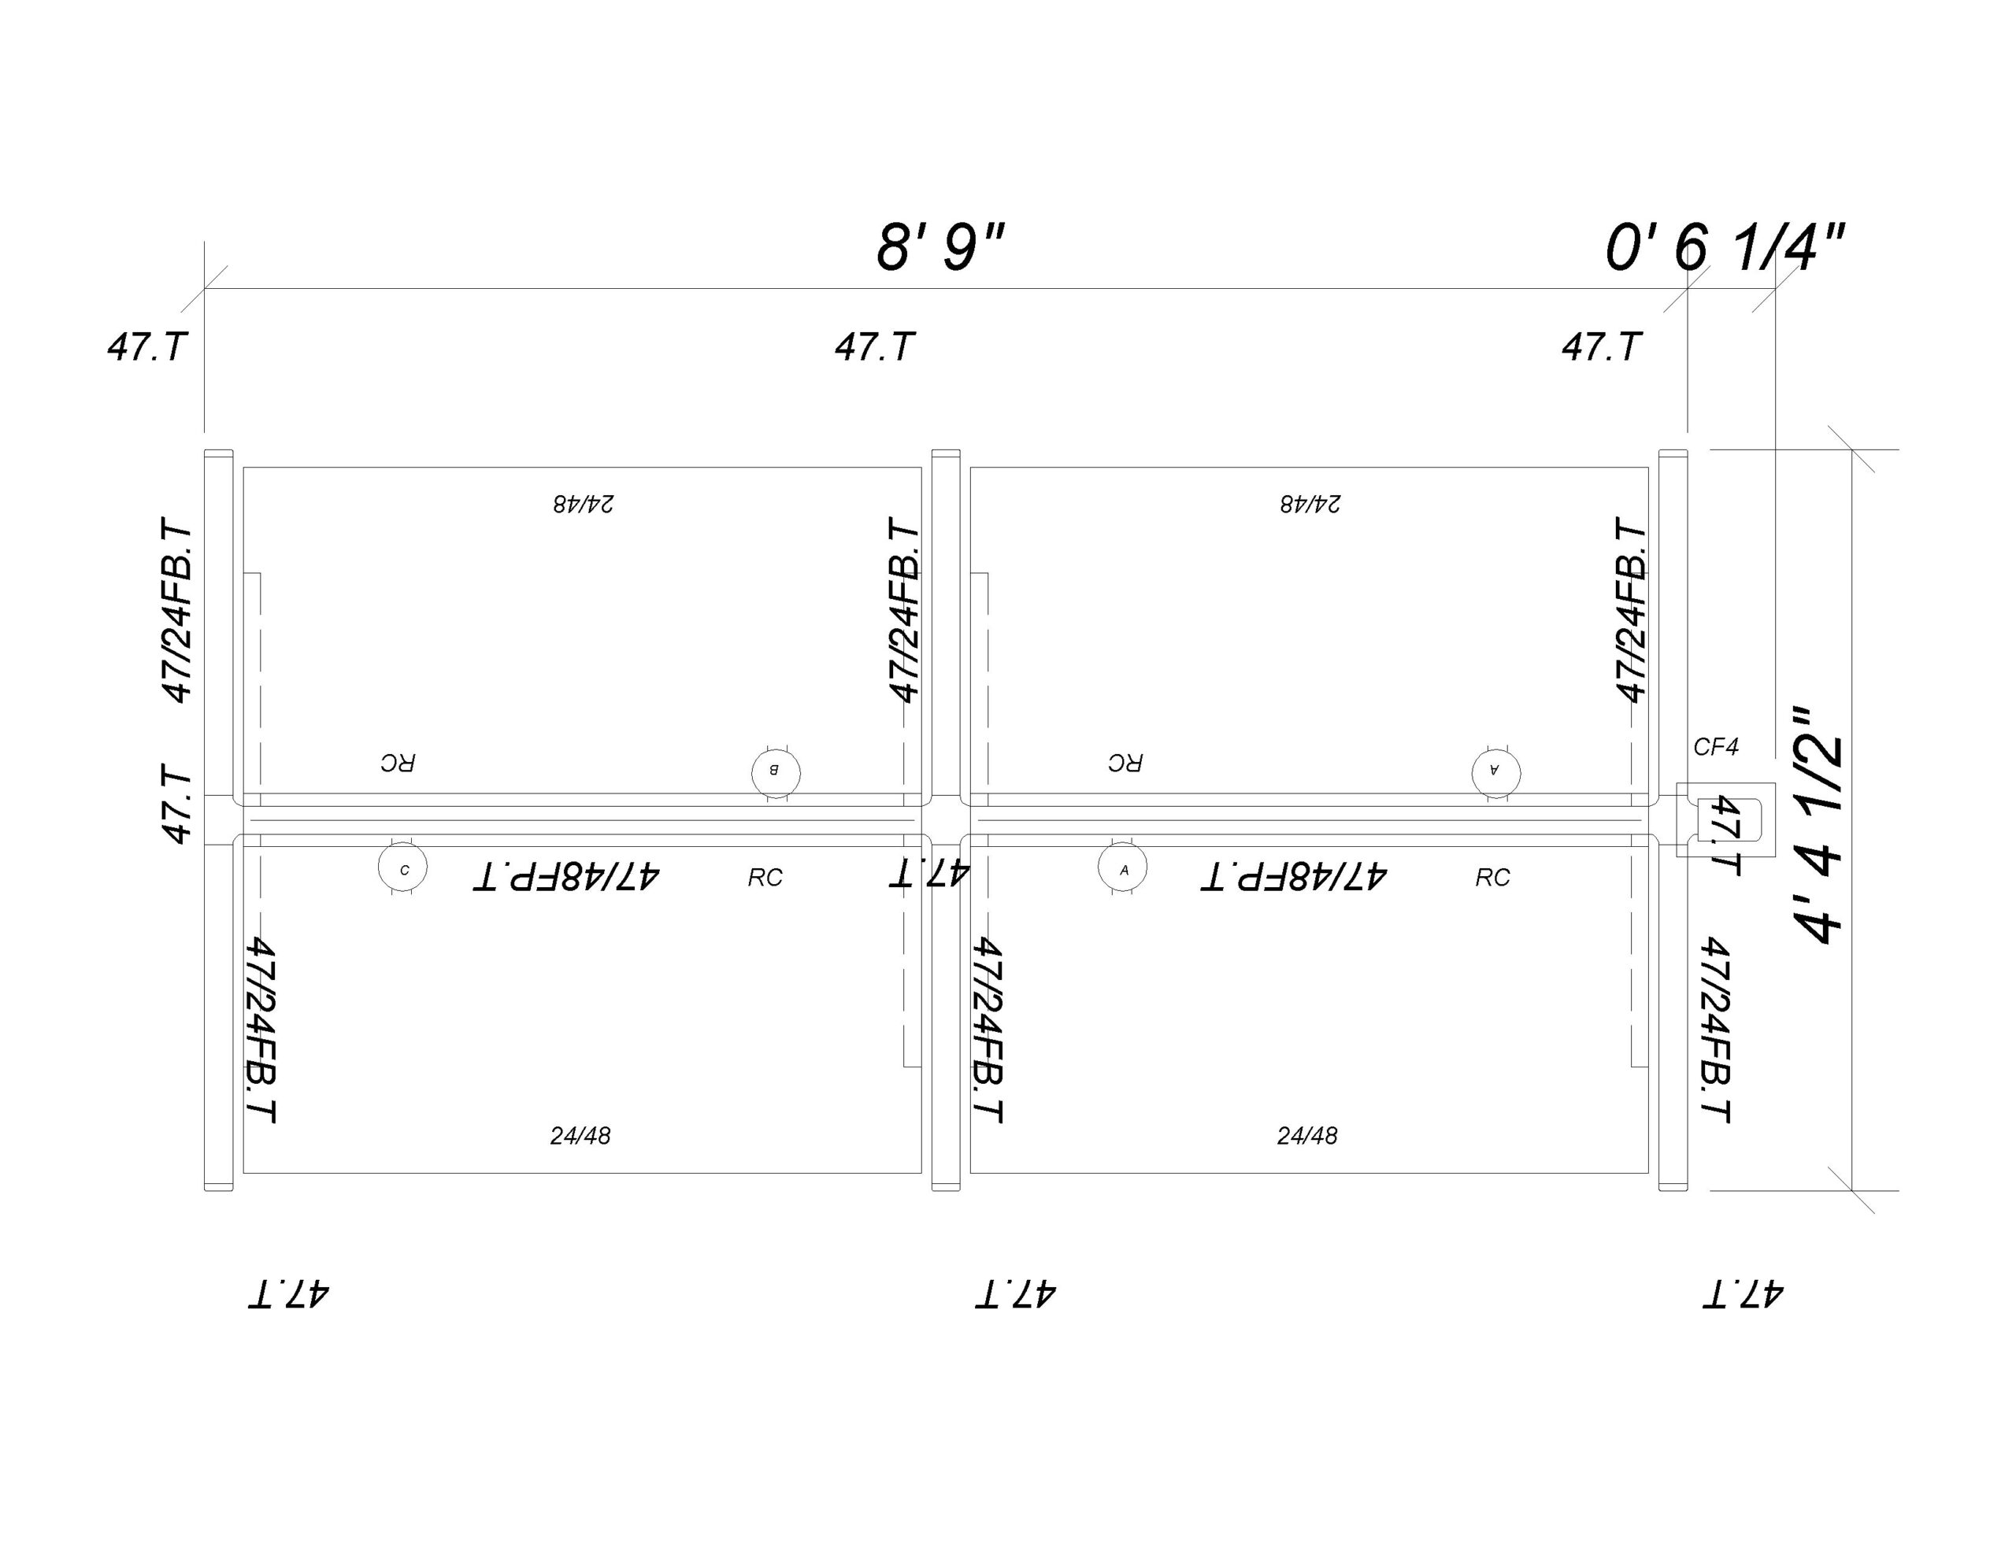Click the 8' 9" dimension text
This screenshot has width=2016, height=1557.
(939, 247)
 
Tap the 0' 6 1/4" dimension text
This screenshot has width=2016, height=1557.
(1725, 247)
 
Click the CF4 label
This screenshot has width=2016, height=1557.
(1716, 747)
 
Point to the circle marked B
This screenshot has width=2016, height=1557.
(776, 771)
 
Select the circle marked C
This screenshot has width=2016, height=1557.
(402, 868)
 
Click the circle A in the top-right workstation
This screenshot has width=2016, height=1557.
(1495, 771)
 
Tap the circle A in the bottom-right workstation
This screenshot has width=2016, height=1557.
(1122, 868)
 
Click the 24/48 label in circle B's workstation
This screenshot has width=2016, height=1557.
(584, 504)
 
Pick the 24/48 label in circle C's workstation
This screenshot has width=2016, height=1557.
(580, 1135)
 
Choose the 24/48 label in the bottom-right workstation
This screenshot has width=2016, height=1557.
(1307, 1135)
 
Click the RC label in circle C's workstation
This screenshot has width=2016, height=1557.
(765, 877)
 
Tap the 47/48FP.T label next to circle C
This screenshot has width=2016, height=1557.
(566, 876)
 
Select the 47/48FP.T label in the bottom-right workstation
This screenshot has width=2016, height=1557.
(1293, 876)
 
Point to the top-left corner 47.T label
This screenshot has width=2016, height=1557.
(148, 347)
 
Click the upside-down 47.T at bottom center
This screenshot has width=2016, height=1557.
(1015, 1293)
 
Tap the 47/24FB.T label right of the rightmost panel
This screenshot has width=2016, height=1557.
(1714, 1030)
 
